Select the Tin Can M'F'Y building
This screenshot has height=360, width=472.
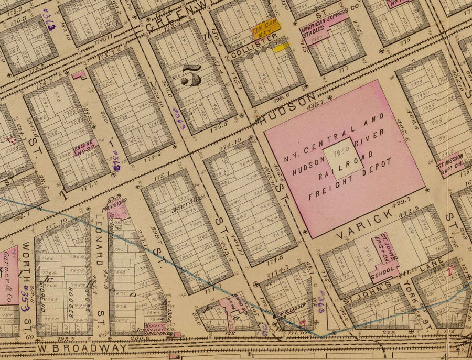(265, 30)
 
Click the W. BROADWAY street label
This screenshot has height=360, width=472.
(81, 348)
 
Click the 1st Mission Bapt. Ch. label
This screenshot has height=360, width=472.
(449, 160)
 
